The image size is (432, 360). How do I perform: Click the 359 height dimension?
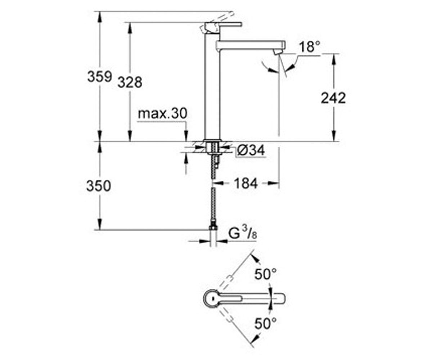(99, 76)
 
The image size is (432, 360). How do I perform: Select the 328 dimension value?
(130, 82)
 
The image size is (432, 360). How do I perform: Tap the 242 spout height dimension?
(333, 98)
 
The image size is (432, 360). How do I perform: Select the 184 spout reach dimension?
(246, 183)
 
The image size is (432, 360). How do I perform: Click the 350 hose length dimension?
(99, 186)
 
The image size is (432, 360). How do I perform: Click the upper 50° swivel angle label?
(265, 274)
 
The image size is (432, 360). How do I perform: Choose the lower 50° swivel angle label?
(265, 324)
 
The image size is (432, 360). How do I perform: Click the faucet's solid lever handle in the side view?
(223, 25)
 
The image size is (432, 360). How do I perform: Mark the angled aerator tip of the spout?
(278, 52)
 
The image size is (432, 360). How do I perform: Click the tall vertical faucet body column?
(212, 86)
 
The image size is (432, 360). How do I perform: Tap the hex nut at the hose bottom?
(213, 228)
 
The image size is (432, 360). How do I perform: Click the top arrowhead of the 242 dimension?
(333, 58)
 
